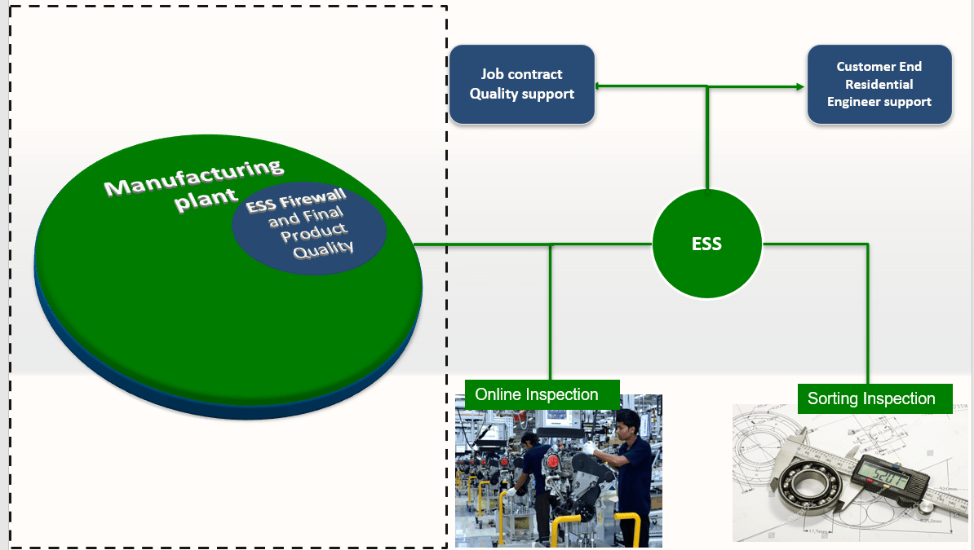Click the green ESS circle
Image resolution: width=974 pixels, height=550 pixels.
706,244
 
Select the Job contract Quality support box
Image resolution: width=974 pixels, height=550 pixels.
521,84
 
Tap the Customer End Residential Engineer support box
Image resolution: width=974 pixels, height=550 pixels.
879,84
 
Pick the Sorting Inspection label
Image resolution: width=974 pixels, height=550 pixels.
870,398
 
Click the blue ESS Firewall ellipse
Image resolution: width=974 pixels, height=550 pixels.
308,227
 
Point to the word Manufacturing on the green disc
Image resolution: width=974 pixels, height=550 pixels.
193,178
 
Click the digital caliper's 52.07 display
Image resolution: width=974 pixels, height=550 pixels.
885,473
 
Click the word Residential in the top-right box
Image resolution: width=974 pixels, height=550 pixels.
879,84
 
